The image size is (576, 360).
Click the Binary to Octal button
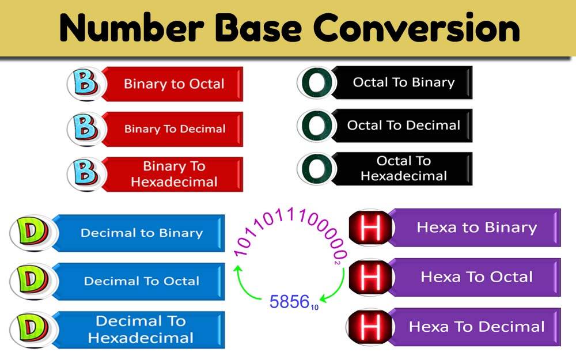(174, 84)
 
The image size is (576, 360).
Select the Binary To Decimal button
(175, 129)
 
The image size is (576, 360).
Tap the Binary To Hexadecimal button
(174, 174)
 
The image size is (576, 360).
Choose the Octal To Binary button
(403, 82)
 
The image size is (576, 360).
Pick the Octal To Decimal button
(403, 125)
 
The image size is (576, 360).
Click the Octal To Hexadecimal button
(403, 168)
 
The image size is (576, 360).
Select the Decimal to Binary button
(142, 233)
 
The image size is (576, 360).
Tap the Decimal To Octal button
(142, 281)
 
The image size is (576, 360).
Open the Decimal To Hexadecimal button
(141, 329)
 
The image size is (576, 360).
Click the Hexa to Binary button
(476, 227)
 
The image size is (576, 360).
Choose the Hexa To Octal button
(476, 277)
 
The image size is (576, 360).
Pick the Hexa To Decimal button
(476, 327)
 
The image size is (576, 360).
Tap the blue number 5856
(290, 301)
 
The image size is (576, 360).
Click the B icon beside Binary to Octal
(86, 84)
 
